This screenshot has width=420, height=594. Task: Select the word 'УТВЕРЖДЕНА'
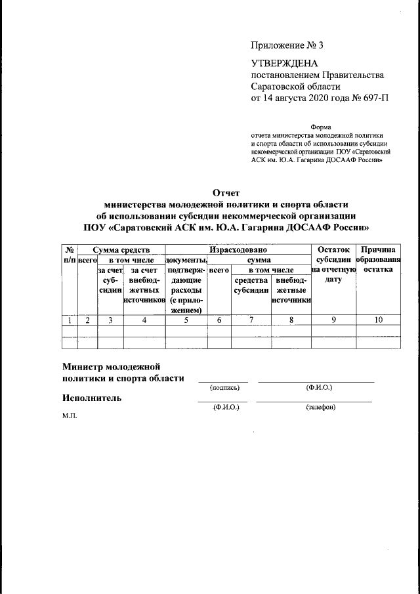(285, 63)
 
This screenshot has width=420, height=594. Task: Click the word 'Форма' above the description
(321, 127)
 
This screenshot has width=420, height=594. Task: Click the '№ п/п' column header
(69, 255)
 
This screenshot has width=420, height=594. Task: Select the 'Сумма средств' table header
(121, 249)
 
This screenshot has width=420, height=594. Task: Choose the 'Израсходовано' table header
(238, 249)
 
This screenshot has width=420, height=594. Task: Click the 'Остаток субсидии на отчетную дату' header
(333, 264)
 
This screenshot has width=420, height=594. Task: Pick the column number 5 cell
(186, 320)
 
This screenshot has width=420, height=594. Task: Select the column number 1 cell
(69, 320)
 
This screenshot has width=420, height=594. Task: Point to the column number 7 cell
(251, 320)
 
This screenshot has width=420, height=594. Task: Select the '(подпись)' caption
(224, 388)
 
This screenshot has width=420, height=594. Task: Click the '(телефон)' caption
(320, 408)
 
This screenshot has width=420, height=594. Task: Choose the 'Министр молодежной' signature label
(112, 366)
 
